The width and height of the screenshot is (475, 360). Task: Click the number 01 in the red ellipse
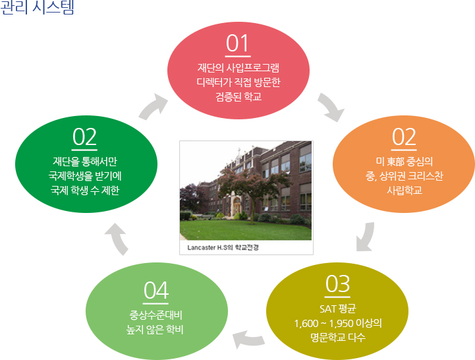(x=237, y=44)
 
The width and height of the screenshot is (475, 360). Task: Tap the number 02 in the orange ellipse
(x=404, y=137)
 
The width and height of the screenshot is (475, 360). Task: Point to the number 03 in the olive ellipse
(x=337, y=284)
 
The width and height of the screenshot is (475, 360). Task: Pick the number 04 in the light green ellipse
(x=157, y=290)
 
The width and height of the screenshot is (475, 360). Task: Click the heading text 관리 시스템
(x=38, y=9)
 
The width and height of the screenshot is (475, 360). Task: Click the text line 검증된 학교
(x=237, y=96)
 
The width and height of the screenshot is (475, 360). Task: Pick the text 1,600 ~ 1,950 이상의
(x=339, y=324)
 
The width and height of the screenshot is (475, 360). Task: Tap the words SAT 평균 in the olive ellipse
(x=337, y=310)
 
